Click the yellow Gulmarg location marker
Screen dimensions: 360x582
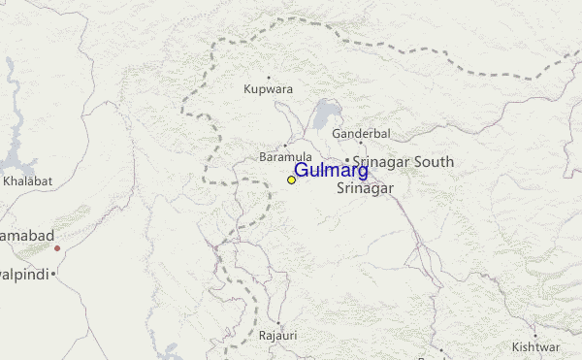coord(291,180)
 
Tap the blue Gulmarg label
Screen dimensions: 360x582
coord(331,171)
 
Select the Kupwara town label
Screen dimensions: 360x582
coord(269,89)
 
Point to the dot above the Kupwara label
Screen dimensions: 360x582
coord(269,78)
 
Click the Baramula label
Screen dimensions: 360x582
coord(285,156)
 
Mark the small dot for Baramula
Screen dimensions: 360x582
coord(285,146)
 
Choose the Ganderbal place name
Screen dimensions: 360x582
coord(361,133)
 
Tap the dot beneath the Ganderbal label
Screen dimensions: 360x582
coord(361,144)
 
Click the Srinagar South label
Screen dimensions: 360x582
coord(403,161)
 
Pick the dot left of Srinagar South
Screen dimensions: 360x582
coord(347,160)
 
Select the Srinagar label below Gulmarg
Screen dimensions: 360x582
coord(365,188)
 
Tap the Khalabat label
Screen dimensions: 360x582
coord(27,180)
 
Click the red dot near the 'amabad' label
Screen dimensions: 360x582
coord(56,248)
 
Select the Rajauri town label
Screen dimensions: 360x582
coord(278,335)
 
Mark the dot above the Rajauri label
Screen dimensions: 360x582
coord(278,323)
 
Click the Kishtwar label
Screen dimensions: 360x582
coord(534,346)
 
